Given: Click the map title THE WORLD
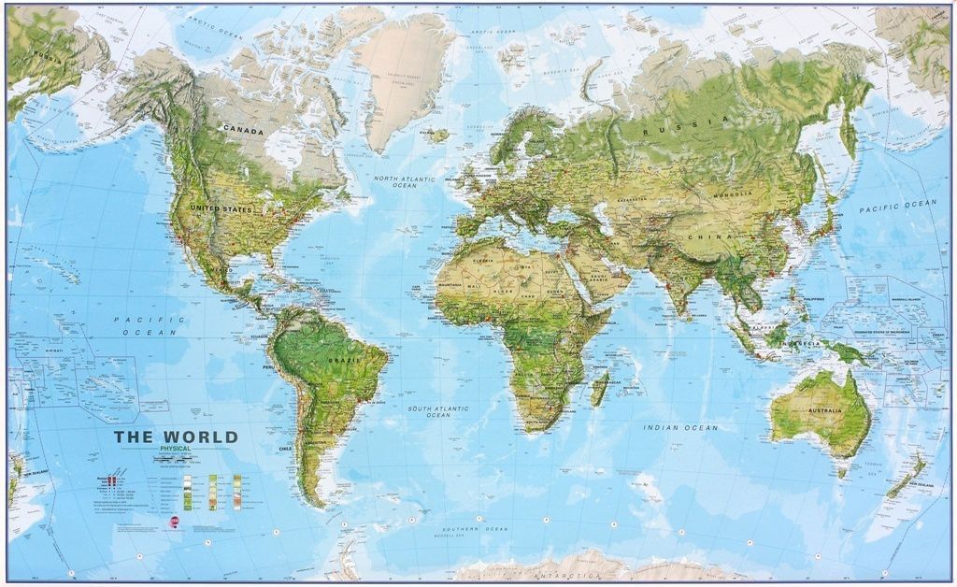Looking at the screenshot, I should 176,437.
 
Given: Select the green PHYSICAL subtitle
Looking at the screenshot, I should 175,450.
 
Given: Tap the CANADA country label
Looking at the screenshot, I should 242,131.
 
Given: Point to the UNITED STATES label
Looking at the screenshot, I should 221,208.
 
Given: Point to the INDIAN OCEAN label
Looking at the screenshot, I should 680,428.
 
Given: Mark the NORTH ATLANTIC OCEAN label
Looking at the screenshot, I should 405,181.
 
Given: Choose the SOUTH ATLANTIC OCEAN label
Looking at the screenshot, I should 438,411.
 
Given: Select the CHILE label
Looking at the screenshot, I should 286,449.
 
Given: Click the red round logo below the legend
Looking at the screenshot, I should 174,524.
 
